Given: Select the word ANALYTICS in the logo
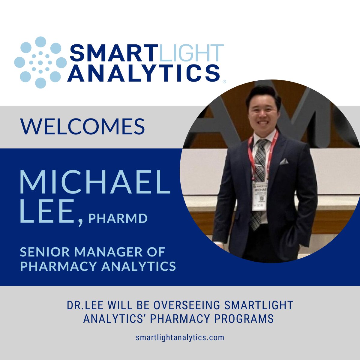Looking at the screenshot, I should pyautogui.click(x=143, y=73).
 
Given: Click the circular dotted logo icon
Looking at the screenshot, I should pyautogui.click(x=40, y=62).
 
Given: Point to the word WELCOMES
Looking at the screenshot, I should pyautogui.click(x=82, y=126).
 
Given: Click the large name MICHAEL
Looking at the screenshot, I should pyautogui.click(x=95, y=182).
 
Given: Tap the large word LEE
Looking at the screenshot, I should pyautogui.click(x=47, y=212).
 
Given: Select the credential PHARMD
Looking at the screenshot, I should pyautogui.click(x=118, y=218).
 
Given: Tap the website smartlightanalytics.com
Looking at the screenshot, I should pyautogui.click(x=180, y=337).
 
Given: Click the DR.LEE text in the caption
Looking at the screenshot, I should pyautogui.click(x=84, y=305).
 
